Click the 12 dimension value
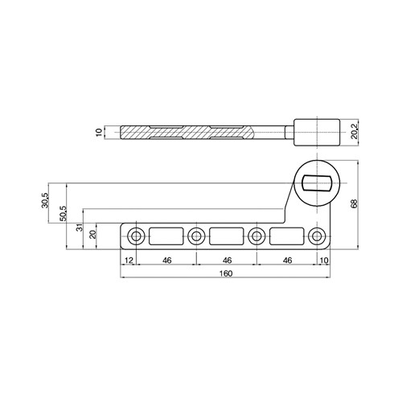click(x=128, y=260)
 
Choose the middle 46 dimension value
click(x=227, y=260)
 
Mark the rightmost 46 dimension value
click(x=287, y=260)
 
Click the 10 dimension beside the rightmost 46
click(x=324, y=260)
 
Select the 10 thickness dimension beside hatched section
click(x=99, y=133)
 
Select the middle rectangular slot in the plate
click(x=227, y=236)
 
